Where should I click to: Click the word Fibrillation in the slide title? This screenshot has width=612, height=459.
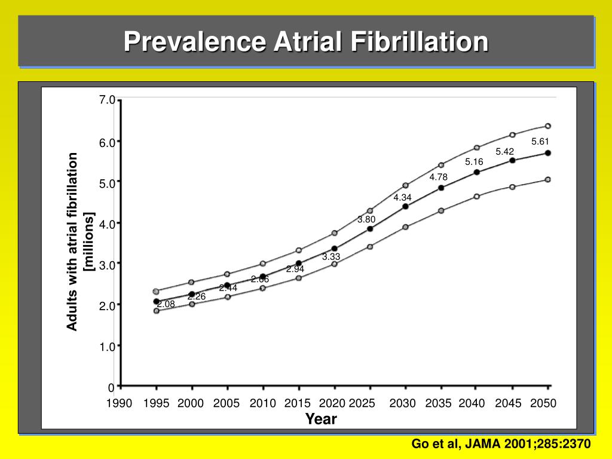coord(418,42)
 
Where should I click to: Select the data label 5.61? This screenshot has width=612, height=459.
coord(540,142)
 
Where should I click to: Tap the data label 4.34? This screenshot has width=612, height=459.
coord(402,197)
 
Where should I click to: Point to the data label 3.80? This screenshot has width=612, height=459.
coord(366,219)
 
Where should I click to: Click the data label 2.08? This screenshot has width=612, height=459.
coord(166,304)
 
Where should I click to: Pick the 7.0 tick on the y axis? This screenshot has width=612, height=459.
coord(108,100)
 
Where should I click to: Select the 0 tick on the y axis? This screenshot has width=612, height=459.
coord(111,387)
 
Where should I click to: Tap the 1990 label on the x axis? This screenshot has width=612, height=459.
coord(120,403)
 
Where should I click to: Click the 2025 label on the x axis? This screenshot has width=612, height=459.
coord(362,403)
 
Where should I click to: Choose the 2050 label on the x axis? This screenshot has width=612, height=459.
coord(543,403)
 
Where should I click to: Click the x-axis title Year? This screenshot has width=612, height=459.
coord(322,419)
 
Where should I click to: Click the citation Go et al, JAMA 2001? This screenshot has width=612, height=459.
coord(501,444)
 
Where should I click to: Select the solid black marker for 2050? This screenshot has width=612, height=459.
coord(547,153)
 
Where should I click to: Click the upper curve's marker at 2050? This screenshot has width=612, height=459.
coord(547,126)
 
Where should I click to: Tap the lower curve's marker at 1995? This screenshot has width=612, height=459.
coord(157,311)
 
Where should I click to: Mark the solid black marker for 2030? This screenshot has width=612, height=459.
coord(405,206)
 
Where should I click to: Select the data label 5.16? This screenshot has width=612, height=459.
coord(474,162)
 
